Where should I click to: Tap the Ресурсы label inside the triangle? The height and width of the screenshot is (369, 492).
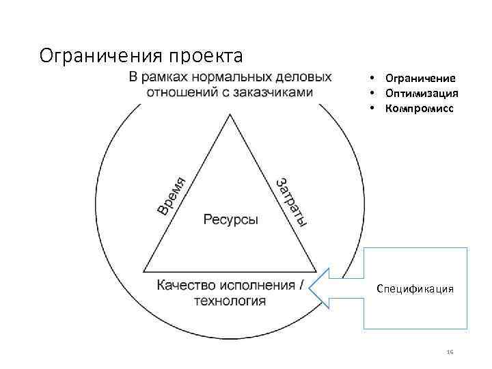[x=230, y=220]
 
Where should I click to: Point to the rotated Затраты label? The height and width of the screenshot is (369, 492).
[x=290, y=201]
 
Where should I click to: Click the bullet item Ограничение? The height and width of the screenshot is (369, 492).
[x=420, y=79]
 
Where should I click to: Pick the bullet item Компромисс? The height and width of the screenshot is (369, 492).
[x=419, y=109]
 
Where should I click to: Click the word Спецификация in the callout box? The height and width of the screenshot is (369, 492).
[x=415, y=289]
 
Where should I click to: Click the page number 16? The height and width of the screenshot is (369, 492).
[x=450, y=351]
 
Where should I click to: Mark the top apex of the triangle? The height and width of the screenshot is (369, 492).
[x=230, y=114]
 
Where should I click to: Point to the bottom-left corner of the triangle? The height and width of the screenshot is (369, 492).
[x=144, y=271]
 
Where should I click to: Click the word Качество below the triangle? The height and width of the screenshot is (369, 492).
[x=184, y=285]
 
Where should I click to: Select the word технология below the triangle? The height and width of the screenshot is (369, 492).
[x=230, y=301]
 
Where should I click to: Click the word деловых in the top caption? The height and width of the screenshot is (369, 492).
[x=305, y=76]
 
